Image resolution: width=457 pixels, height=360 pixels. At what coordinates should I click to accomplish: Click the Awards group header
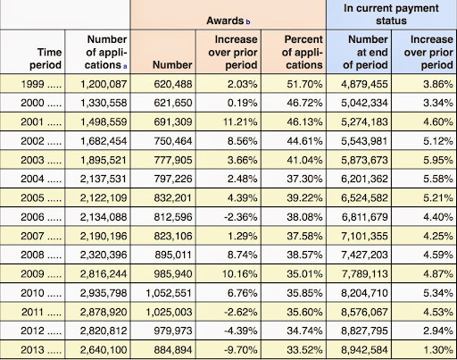(x=225, y=21)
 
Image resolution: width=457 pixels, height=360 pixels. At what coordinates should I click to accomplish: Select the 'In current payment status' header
(x=391, y=14)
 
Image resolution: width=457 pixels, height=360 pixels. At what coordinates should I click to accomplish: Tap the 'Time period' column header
(x=46, y=58)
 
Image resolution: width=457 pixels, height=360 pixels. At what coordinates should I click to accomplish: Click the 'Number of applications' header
(x=106, y=52)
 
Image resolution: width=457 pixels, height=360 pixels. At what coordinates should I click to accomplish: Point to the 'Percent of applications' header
(x=303, y=52)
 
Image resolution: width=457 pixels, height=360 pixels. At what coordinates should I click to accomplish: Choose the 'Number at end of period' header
(x=365, y=52)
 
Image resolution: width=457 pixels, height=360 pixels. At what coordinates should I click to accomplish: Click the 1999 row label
(x=41, y=84)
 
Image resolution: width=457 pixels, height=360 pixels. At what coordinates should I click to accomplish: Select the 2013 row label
(x=41, y=349)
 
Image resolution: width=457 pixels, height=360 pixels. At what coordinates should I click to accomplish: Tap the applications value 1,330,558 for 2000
(x=104, y=103)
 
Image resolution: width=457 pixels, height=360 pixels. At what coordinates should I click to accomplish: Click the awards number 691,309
(x=173, y=121)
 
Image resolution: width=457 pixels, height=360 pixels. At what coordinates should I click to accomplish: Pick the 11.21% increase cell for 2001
(x=240, y=121)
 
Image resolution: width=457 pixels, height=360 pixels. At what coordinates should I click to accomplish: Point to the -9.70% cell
(x=240, y=349)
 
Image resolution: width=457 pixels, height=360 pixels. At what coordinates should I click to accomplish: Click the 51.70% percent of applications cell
(x=304, y=84)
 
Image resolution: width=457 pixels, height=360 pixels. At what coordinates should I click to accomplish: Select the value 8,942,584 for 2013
(x=364, y=349)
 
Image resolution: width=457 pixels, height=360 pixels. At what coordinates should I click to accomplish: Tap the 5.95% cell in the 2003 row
(x=438, y=160)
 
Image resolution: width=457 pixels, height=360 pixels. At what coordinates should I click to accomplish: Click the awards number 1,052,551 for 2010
(x=169, y=293)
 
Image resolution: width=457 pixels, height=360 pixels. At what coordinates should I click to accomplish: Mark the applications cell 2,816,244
(x=104, y=273)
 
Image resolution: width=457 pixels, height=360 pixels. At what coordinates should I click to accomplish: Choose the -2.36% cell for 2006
(x=241, y=217)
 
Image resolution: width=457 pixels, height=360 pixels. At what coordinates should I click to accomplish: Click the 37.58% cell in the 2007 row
(x=304, y=236)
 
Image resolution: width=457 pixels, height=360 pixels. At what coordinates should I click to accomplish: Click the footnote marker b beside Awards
(x=248, y=21)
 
